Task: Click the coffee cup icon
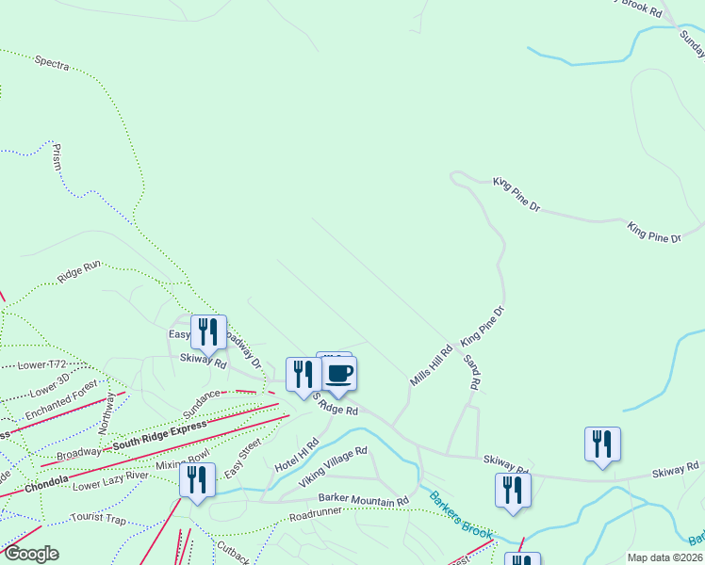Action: click(340, 373)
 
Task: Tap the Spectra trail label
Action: click(52, 63)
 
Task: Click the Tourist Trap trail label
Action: click(98, 518)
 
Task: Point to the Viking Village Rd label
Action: click(333, 468)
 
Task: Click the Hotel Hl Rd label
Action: click(297, 455)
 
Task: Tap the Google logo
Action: click(31, 554)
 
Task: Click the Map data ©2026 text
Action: click(665, 557)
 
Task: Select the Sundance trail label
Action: click(202, 400)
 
